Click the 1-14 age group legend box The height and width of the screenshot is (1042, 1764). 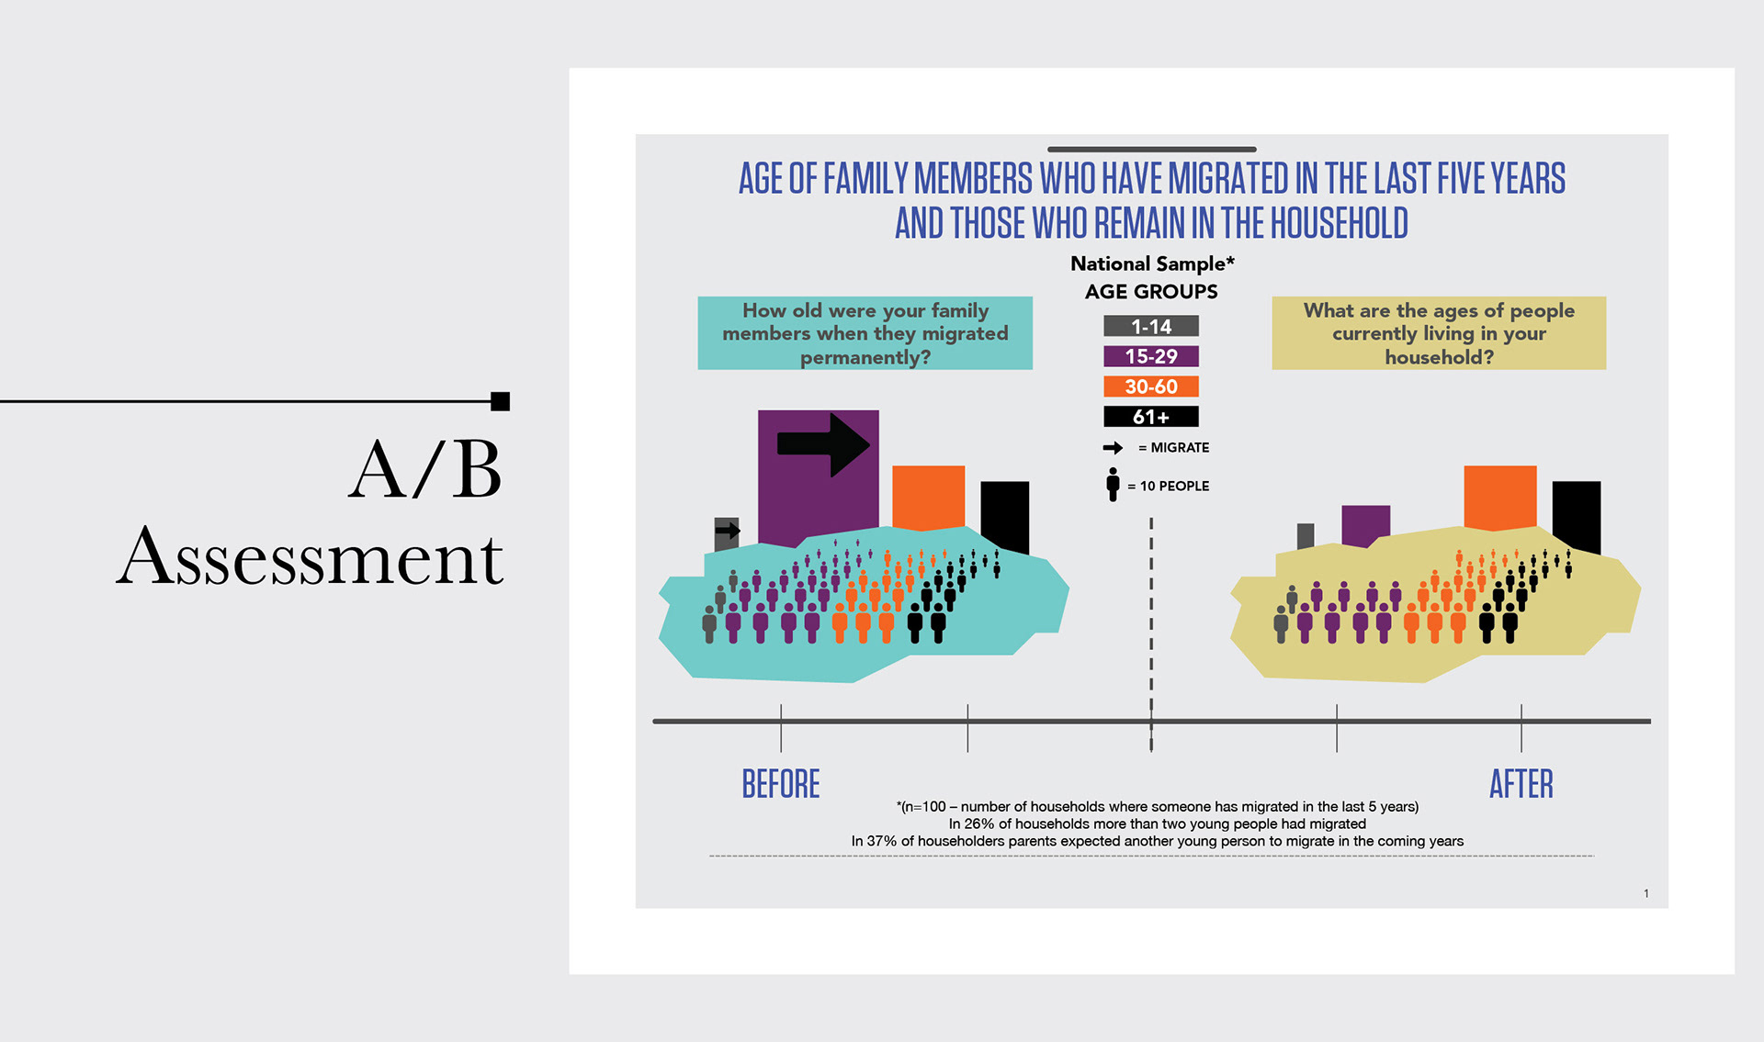coord(1150,326)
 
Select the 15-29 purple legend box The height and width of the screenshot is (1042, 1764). coord(1150,356)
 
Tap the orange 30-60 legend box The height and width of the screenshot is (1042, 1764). coord(1150,387)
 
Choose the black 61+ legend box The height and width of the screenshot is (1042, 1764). coord(1150,417)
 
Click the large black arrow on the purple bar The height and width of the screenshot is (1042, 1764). coord(823,444)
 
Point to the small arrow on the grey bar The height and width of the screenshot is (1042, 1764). coord(728,530)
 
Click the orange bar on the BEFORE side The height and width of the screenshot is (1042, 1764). coord(928,496)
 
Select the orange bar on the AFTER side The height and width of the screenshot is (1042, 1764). coord(1499,496)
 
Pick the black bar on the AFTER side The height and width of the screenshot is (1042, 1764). coord(1576,514)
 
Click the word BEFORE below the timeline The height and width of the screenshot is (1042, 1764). coord(781,784)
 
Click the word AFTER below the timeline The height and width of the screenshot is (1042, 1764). coord(1521,784)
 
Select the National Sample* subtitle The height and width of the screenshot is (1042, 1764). coord(1152,263)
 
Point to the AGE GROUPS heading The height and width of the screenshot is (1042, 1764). coord(1151,292)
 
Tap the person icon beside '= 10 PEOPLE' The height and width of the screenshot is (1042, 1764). coord(1113,485)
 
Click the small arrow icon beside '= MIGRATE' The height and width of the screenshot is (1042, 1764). coord(1113,448)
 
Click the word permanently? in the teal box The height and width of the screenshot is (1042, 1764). coord(865,357)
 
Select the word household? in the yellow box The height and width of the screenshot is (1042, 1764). coord(1439,357)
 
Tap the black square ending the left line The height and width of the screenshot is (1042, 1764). coord(500,401)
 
